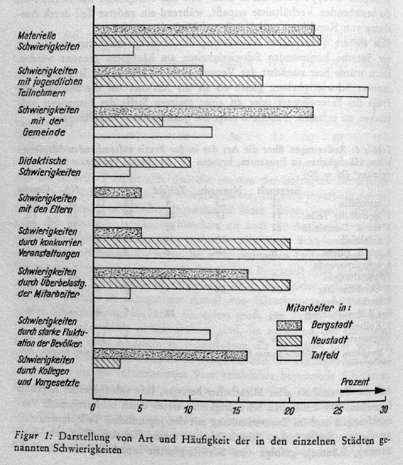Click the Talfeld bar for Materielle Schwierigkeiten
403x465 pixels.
pos(114,50)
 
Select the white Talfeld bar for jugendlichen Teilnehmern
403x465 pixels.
pos(231,92)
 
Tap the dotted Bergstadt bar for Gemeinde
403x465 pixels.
pos(203,112)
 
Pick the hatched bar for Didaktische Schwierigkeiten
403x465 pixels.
pos(142,162)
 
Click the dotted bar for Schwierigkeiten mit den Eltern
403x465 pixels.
pos(117,192)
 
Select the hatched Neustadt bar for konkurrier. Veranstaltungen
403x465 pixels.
pos(191,243)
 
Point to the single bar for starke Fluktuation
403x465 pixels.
pos(152,335)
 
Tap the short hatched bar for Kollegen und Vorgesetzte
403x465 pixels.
pos(107,364)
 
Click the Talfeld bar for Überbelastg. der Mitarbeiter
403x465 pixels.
pos(112,294)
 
